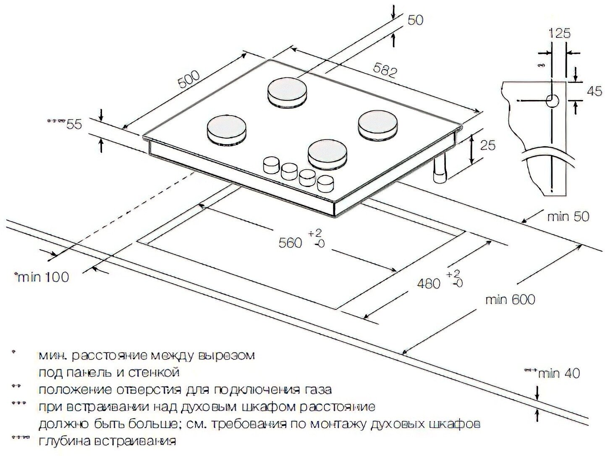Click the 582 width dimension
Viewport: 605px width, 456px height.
[x=384, y=72]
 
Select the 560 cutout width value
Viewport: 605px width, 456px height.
[x=290, y=242]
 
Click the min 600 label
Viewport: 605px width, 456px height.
[x=510, y=300]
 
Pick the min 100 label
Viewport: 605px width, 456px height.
[x=43, y=277]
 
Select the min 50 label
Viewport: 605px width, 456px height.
[x=568, y=216]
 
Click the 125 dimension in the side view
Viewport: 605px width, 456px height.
[x=560, y=33]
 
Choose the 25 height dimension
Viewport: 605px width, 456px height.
[x=487, y=145]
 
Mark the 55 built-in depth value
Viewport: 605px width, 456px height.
[x=74, y=124]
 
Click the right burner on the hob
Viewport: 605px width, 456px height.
[x=377, y=123]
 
